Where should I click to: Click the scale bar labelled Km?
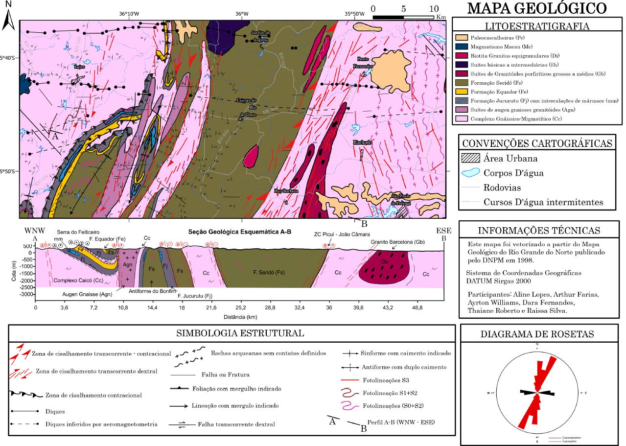click(x=403, y=17)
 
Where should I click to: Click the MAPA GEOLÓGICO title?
click(x=537, y=8)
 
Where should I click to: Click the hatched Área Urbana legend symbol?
click(x=470, y=159)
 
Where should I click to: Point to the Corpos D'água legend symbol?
click(x=470, y=173)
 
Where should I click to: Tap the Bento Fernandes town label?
click(x=363, y=62)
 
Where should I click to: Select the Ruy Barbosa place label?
click(x=286, y=191)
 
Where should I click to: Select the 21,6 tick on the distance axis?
click(x=211, y=308)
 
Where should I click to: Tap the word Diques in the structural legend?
click(x=55, y=412)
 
